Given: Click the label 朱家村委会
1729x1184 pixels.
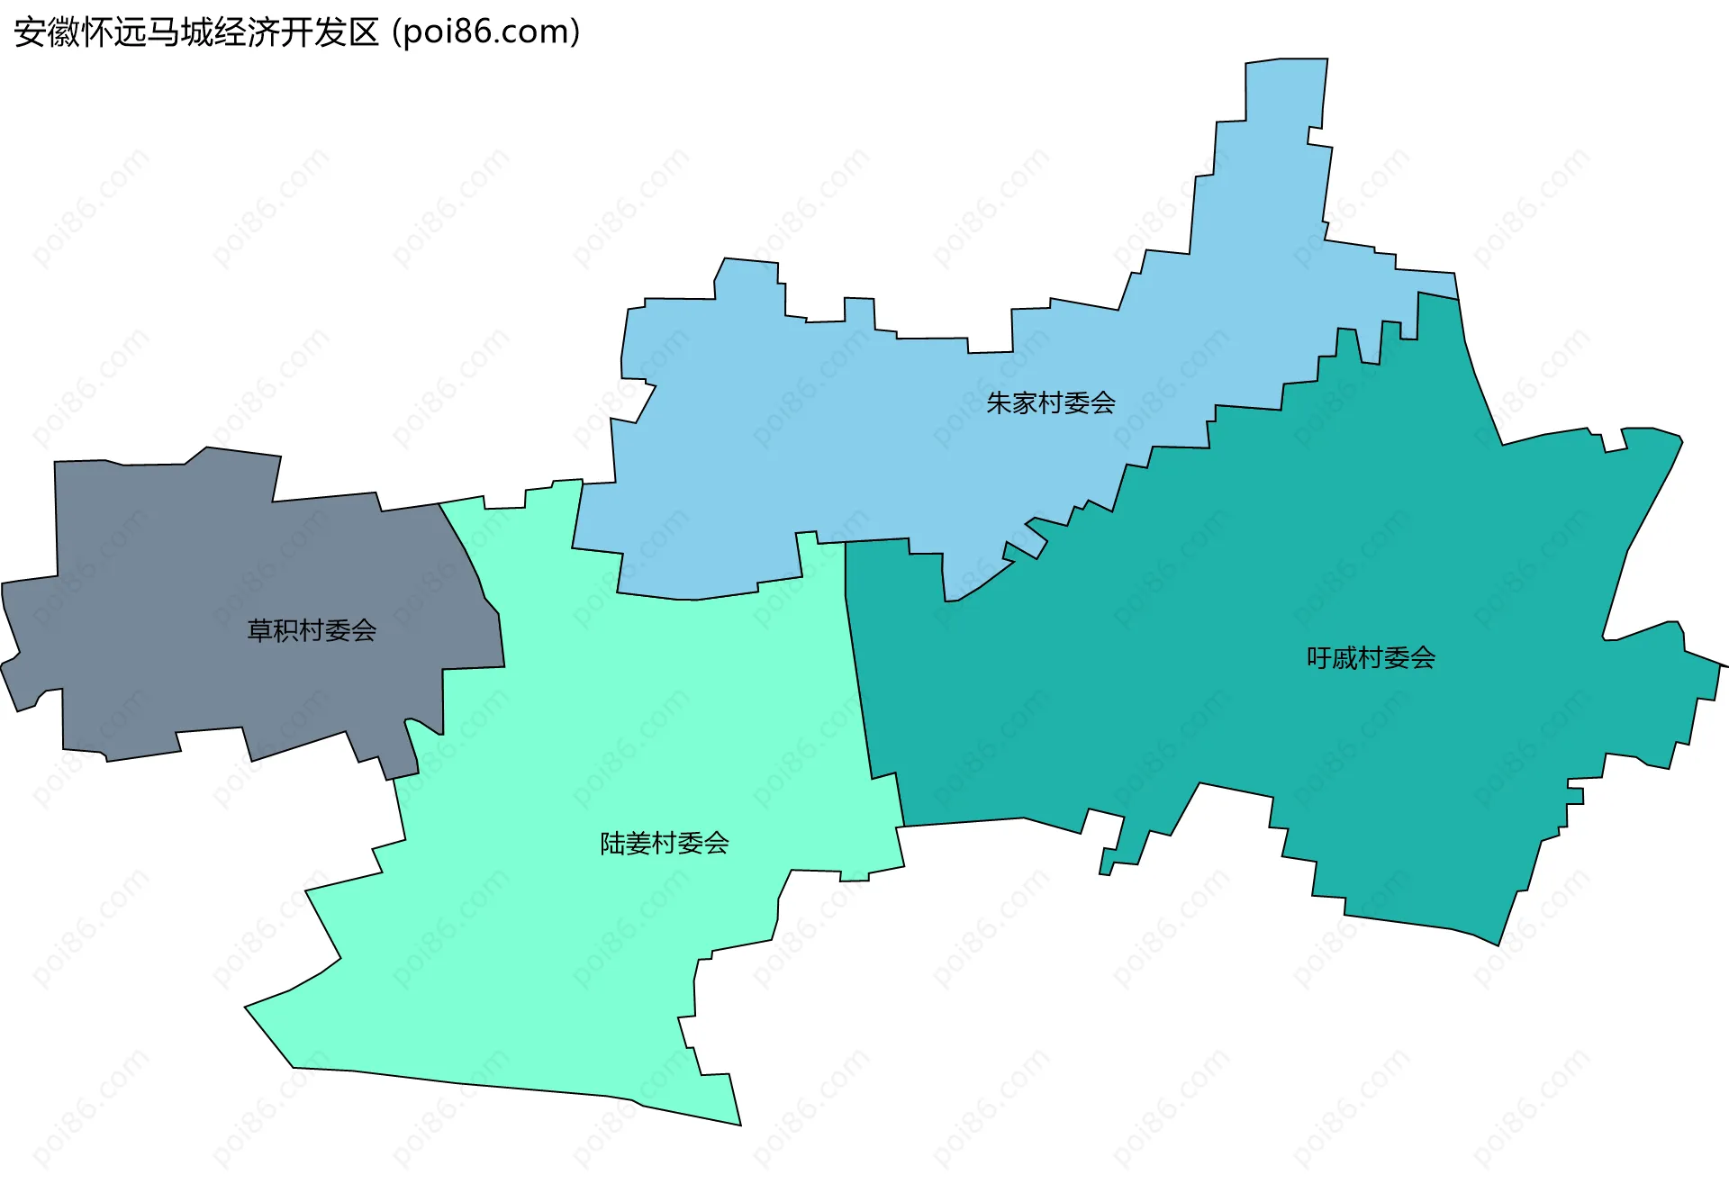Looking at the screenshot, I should tap(1050, 402).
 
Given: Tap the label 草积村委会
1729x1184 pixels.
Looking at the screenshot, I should tap(312, 630).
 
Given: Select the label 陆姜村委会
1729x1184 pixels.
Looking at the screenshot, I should tap(664, 843).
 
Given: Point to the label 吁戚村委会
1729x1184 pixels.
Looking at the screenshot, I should tap(1371, 658).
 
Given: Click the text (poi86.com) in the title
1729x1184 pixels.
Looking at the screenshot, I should tap(486, 32).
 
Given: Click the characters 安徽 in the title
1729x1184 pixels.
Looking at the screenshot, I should tap(47, 32).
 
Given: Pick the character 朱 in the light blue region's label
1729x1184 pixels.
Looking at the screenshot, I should tap(1000, 402).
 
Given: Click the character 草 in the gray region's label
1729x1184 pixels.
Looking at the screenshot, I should tap(260, 630).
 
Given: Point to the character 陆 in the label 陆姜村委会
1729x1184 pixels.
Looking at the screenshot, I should tap(613, 843).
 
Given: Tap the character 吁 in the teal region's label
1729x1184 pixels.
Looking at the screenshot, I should tap(1319, 658).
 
